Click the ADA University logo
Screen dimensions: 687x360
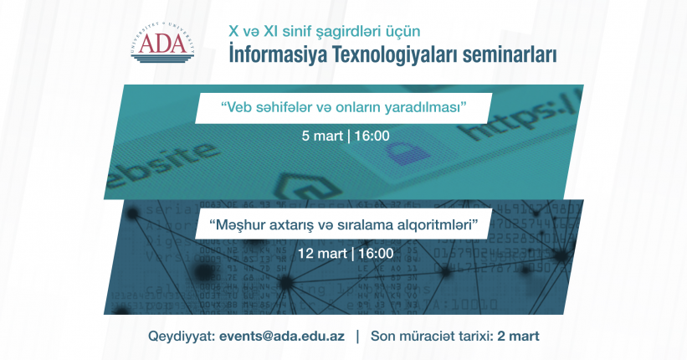[x=162, y=43]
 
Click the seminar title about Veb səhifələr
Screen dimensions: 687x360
[x=343, y=107]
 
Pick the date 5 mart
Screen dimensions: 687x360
[x=322, y=136]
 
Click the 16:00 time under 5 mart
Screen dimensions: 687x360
[x=372, y=136]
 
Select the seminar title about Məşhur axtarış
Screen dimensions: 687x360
[x=343, y=225]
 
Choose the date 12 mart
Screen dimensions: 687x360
[x=322, y=254]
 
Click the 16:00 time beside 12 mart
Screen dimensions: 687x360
[x=376, y=254]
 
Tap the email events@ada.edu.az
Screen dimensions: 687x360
[x=282, y=337]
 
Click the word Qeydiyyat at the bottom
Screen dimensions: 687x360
[x=182, y=337]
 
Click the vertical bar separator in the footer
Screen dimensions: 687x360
[x=357, y=337]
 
